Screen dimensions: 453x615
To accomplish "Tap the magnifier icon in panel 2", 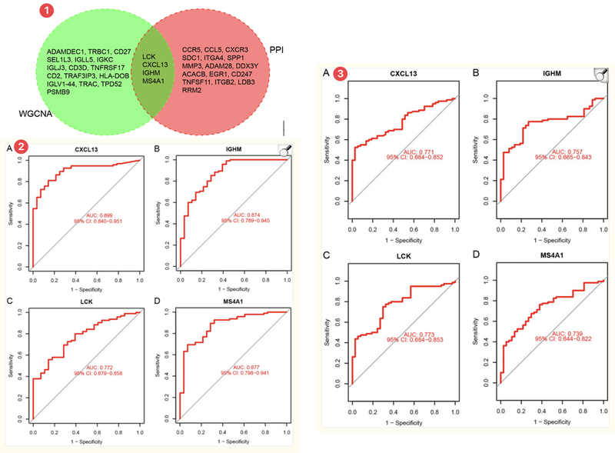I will coord(284,152).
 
